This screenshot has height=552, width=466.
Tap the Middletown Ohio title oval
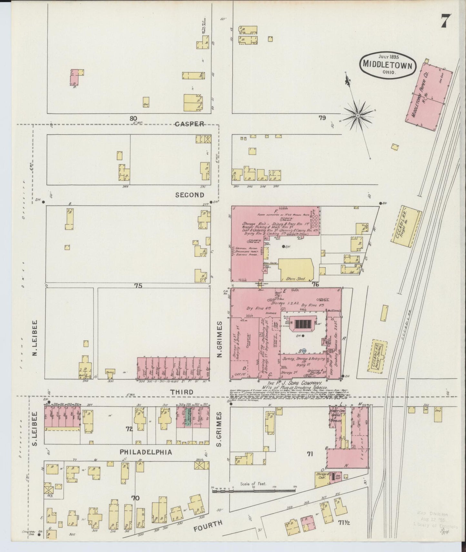tap(387, 64)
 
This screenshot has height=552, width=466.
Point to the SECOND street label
tap(190, 195)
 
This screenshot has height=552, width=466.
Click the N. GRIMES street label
tap(220, 339)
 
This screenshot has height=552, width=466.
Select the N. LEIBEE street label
tap(35, 339)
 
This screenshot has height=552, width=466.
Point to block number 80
tap(134, 118)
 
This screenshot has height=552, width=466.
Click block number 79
tap(322, 118)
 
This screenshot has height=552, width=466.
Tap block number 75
tap(138, 285)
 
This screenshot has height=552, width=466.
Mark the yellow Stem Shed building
tap(296, 269)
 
